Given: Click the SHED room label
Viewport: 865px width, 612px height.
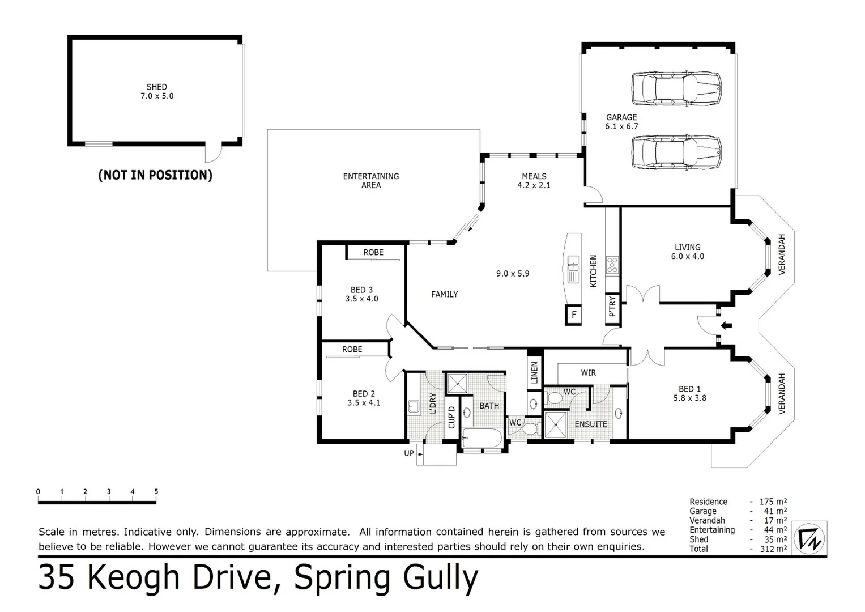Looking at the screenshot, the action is pos(157,87).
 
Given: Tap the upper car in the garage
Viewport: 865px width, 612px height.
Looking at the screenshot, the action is pos(676,89).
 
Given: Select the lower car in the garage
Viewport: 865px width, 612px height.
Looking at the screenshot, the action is pos(676,152).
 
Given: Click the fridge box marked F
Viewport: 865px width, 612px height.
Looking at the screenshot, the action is pos(574,314).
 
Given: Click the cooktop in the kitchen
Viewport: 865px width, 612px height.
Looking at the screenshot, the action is pos(612,265).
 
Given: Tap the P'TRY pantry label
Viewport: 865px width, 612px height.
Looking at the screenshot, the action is pos(612,307).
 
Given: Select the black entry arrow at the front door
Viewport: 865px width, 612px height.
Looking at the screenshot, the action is pos(726,325).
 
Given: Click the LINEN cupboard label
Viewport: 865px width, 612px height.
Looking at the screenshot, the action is pos(534,373).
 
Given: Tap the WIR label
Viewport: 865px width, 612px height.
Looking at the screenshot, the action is pos(588,373).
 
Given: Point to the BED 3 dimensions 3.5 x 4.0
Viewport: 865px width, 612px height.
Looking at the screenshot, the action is pos(361,299).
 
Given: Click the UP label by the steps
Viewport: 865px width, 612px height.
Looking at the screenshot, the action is pos(408,453).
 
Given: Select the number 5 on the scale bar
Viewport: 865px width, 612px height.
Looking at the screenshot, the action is pos(156,492).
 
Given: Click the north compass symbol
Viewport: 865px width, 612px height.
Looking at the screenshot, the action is pos(810,537).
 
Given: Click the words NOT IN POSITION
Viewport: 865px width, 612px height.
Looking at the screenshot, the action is pos(155,175).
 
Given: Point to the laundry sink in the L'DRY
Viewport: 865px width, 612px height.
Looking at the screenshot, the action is pos(413,406).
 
